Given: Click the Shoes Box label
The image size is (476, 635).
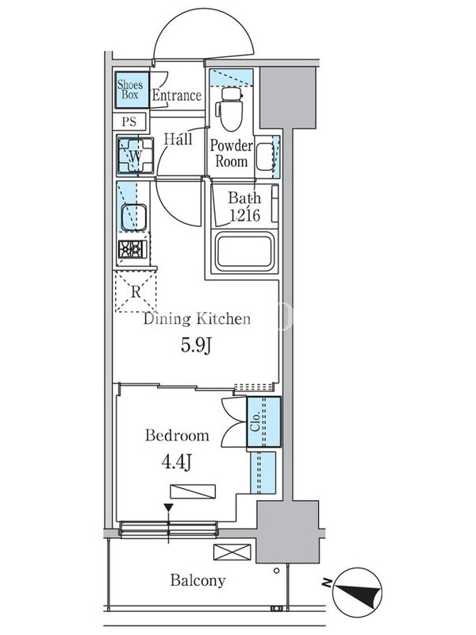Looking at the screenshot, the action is tap(130, 90).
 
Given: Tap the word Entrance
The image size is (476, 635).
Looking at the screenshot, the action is tap(176, 95).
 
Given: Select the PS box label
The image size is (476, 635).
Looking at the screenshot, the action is tap(129, 121).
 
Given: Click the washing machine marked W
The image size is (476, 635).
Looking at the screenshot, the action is tap(135, 156).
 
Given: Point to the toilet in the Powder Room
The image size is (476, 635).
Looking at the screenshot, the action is tap(230, 109).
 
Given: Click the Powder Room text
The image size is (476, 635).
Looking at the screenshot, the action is tap(231, 153).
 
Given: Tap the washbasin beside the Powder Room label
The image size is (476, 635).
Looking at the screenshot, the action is tap(265, 156).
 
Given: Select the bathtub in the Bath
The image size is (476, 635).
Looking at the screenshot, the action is tap(244, 252).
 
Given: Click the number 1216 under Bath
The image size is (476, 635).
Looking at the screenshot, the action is tap(244, 215).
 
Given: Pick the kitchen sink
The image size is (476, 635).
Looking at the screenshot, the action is tap(133, 217).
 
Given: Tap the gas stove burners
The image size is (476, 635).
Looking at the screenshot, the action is tap(132, 249).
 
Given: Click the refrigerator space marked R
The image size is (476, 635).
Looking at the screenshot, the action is tap(136, 291).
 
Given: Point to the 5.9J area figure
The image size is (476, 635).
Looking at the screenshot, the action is tap(196, 345).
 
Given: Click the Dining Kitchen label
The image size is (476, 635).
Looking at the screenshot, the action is tap(197, 319).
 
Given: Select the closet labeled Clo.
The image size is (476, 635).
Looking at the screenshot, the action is tap(263, 422).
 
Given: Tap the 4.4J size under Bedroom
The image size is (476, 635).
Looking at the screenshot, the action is tap(176, 462).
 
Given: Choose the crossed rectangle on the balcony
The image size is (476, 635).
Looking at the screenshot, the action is tap(232, 552).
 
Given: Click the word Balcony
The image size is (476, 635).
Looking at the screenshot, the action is tap(198, 580).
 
